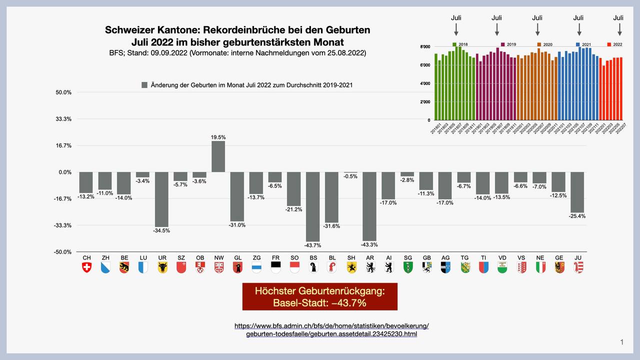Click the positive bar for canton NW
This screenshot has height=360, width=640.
click(x=218, y=156)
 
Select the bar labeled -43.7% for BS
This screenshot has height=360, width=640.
click(x=313, y=206)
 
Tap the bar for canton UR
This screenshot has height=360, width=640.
click(x=161, y=199)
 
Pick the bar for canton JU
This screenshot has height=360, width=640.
click(x=577, y=192)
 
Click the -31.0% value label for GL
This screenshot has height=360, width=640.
click(x=237, y=225)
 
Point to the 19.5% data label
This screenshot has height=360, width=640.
click(x=218, y=137)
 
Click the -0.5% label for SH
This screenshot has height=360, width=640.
click(x=350, y=176)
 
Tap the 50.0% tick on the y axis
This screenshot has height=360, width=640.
click(x=63, y=92)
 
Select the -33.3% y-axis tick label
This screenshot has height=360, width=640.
click(x=63, y=225)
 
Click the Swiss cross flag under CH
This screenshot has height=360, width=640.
click(x=86, y=267)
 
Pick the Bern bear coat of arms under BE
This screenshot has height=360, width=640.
click(x=124, y=267)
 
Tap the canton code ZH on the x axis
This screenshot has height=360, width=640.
click(x=105, y=257)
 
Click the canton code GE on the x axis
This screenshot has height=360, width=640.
click(x=559, y=257)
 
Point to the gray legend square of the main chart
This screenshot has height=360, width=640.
click(x=144, y=85)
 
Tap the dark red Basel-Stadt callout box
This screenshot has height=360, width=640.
click(x=319, y=296)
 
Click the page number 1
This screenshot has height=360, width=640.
click(x=621, y=342)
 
